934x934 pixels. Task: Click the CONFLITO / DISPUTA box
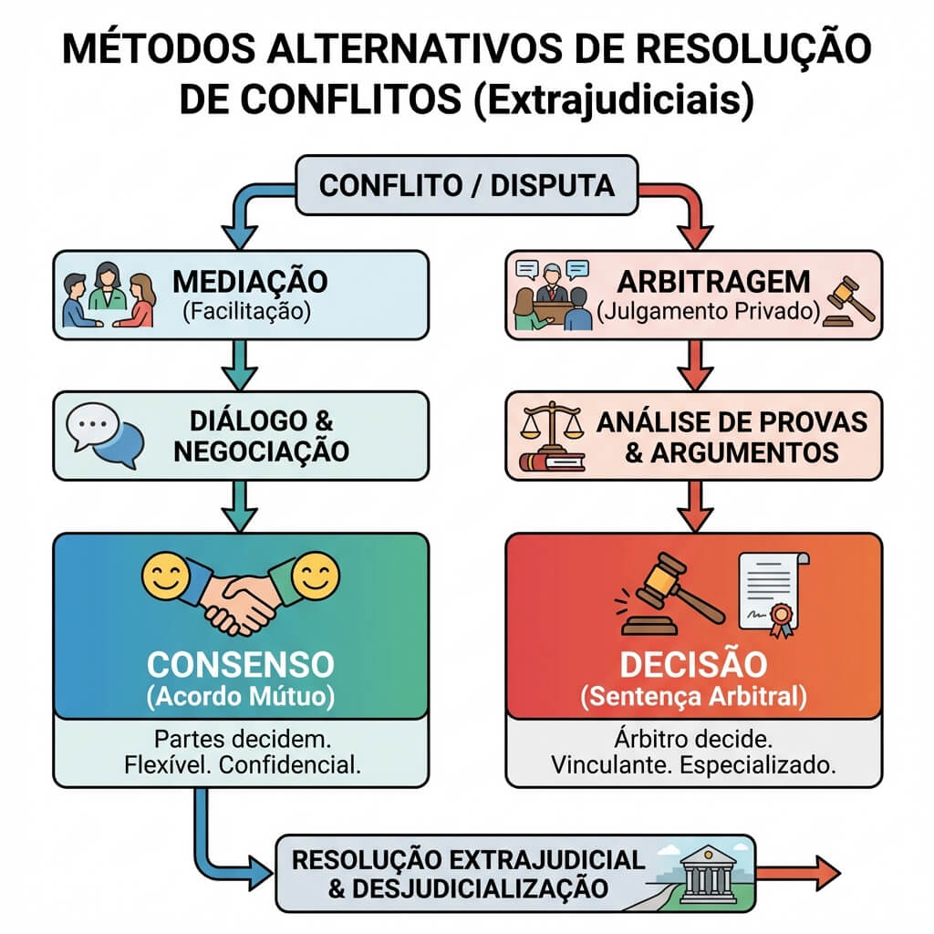[x=467, y=185]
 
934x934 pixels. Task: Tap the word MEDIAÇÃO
[x=250, y=282]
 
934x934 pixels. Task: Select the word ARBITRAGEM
[x=713, y=282]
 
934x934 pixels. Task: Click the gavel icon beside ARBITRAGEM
[x=848, y=301]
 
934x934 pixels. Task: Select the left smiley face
[x=166, y=577]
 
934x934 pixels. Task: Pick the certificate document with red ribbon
[x=773, y=595]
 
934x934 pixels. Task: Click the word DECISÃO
[x=694, y=664]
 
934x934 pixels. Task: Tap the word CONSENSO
[x=241, y=665]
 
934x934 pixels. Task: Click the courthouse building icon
[x=708, y=875]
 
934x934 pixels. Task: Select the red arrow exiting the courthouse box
[x=798, y=873]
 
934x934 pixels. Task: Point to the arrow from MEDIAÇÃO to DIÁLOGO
[x=240, y=365]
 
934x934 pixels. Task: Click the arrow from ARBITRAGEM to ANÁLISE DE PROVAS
[x=694, y=365]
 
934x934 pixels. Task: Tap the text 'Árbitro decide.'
[x=693, y=739]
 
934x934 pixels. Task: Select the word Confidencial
[x=290, y=765]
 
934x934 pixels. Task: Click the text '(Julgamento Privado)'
[x=708, y=312]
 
